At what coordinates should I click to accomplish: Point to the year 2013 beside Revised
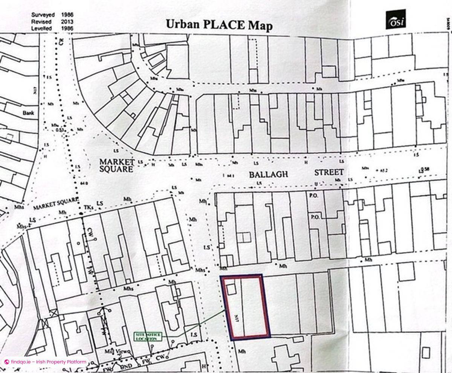[67, 21]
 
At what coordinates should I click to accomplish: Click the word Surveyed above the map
[43, 15]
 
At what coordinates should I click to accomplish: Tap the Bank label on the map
[28, 113]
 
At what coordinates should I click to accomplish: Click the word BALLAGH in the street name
[268, 174]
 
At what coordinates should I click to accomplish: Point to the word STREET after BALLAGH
[329, 173]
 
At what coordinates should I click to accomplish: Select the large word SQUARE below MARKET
[116, 169]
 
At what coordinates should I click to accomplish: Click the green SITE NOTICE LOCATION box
[148, 336]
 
